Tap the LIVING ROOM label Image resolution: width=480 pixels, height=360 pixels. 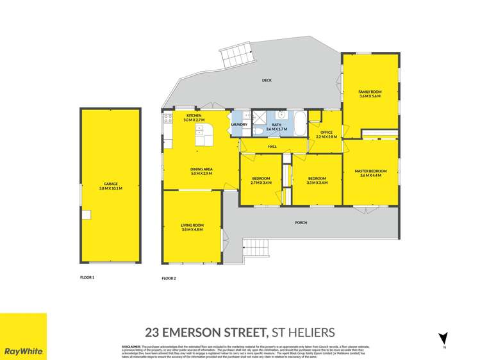[192, 226]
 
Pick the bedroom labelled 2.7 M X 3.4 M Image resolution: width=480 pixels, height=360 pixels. [261, 180]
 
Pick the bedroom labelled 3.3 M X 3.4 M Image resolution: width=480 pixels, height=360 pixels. [317, 180]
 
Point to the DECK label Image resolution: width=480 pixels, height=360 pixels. [267, 81]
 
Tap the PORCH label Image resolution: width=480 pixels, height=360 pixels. [301, 222]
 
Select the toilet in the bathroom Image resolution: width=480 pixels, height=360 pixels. [257, 131]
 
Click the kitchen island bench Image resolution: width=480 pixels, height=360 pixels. [204, 135]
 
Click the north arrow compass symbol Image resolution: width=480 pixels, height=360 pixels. [442, 339]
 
